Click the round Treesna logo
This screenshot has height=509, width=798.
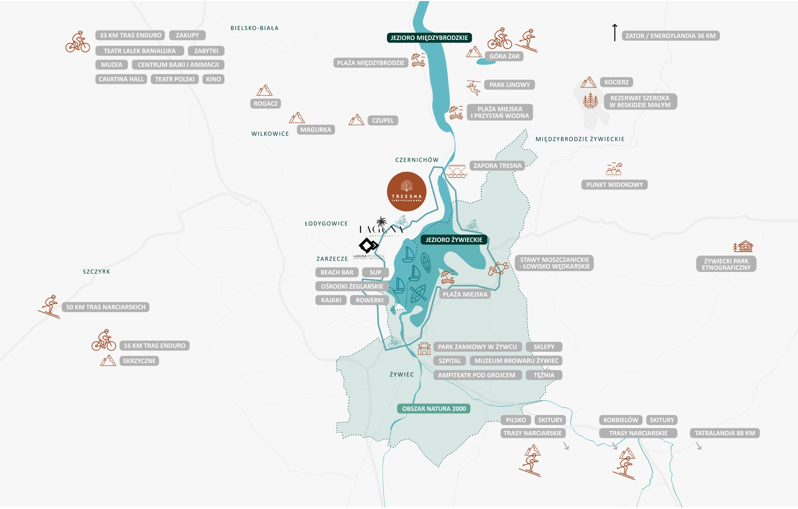click(x=406, y=192)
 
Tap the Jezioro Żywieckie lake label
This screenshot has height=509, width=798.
click(x=454, y=240)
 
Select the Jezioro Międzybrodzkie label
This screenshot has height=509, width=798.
click(x=429, y=38)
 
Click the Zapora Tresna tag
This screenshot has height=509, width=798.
click(x=497, y=166)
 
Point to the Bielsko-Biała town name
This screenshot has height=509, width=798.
click(x=254, y=28)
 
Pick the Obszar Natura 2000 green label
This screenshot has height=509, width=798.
click(x=434, y=409)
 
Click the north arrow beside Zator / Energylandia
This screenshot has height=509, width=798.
click(x=615, y=32)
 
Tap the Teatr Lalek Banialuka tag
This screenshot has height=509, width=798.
click(x=140, y=51)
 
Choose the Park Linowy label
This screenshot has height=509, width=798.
click(x=510, y=85)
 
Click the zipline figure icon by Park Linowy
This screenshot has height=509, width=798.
click(x=473, y=87)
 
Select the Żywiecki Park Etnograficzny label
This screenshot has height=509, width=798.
click(x=726, y=264)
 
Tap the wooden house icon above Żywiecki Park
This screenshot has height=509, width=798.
click(x=743, y=247)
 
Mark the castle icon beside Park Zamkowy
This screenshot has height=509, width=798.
click(x=424, y=348)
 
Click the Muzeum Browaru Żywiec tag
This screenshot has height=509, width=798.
click(x=516, y=361)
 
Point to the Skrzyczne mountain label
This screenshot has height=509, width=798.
click(x=139, y=361)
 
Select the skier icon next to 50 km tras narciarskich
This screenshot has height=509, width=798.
click(x=49, y=307)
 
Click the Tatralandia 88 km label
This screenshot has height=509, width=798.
click(x=724, y=433)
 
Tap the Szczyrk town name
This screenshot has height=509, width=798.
click(x=96, y=272)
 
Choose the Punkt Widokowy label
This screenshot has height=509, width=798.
click(x=614, y=185)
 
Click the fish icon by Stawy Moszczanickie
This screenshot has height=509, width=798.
click(x=498, y=269)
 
